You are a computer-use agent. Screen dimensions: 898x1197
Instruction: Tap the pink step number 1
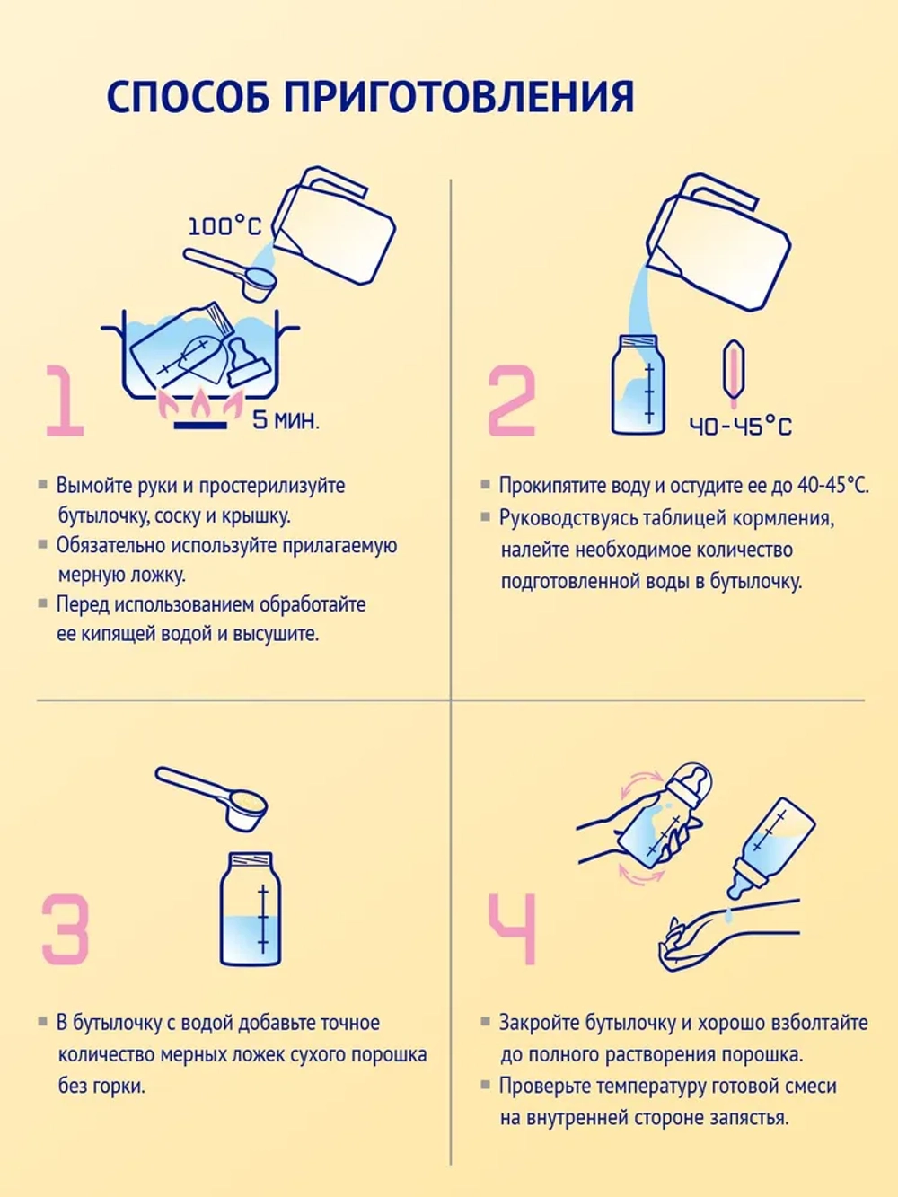tap(66, 401)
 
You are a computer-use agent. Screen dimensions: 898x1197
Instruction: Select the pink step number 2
tap(512, 401)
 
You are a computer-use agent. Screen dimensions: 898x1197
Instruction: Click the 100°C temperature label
tap(224, 226)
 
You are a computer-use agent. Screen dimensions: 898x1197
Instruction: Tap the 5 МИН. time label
tap(286, 420)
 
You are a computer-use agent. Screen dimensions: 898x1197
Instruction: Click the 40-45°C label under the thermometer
tap(740, 426)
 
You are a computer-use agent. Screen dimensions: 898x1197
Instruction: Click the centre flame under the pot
tap(201, 400)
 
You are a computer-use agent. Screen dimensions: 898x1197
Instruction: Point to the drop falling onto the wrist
tap(729, 916)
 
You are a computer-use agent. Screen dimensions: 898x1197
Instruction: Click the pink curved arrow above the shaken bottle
tap(643, 779)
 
